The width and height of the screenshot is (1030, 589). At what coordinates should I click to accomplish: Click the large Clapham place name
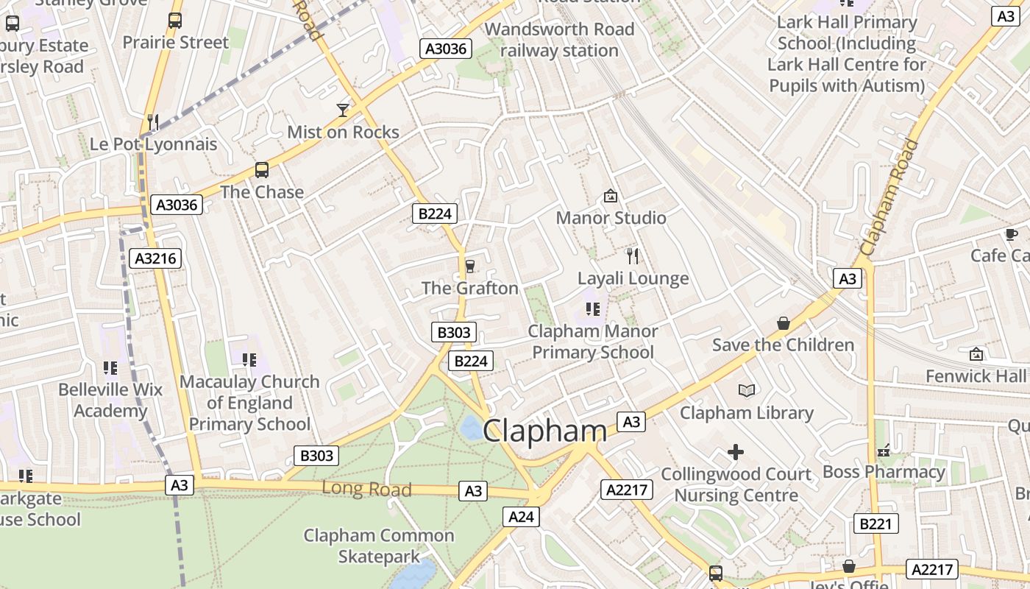pyautogui.click(x=544, y=431)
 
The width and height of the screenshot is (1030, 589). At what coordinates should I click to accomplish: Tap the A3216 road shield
pyautogui.click(x=154, y=258)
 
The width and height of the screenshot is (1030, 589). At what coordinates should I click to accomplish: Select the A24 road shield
pyautogui.click(x=521, y=517)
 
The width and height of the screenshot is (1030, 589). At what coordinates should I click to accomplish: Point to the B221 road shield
pyautogui.click(x=876, y=523)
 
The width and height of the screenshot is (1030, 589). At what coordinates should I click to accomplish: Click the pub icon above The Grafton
pyautogui.click(x=470, y=267)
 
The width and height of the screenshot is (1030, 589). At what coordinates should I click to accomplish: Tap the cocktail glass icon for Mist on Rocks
pyautogui.click(x=343, y=110)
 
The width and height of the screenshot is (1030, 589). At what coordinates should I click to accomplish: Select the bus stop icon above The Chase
pyautogui.click(x=261, y=170)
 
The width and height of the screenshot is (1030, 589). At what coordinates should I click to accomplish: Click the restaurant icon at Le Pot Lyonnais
pyautogui.click(x=153, y=121)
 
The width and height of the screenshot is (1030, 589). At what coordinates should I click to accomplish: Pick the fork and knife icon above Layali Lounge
pyautogui.click(x=632, y=256)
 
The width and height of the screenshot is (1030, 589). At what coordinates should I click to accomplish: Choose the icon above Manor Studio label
pyautogui.click(x=610, y=196)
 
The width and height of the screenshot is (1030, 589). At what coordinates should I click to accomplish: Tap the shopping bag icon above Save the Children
pyautogui.click(x=783, y=323)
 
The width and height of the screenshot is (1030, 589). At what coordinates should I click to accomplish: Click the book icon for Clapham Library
pyautogui.click(x=747, y=390)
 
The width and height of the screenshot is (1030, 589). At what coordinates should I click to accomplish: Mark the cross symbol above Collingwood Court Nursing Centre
pyautogui.click(x=735, y=451)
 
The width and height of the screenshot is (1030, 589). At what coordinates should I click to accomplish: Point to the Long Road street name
pyautogui.click(x=366, y=489)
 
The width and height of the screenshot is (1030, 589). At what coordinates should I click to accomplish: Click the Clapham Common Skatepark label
pyautogui.click(x=379, y=546)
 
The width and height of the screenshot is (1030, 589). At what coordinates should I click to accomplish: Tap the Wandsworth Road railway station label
pyautogui.click(x=559, y=40)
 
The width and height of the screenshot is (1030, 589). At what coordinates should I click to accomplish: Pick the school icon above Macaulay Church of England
pyautogui.click(x=249, y=360)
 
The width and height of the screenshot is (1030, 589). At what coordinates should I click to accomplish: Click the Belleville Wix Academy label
pyautogui.click(x=110, y=400)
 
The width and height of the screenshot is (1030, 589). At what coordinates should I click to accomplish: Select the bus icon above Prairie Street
pyautogui.click(x=174, y=21)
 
